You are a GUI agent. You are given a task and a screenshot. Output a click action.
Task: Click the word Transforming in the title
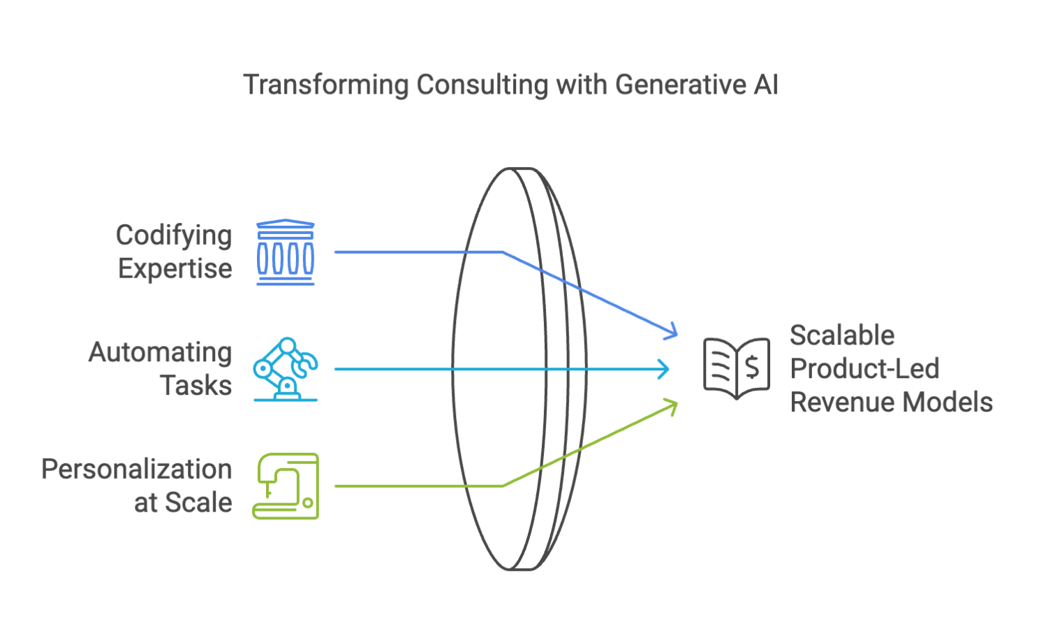click(x=326, y=85)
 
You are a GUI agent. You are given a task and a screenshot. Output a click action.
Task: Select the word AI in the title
click(x=766, y=85)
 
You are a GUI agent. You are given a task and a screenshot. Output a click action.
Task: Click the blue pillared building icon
click(x=286, y=252)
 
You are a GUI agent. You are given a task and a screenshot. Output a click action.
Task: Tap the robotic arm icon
click(x=286, y=369)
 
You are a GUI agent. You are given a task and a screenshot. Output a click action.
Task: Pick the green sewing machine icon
click(x=286, y=486)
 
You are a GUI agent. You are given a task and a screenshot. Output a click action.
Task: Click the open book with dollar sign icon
click(x=737, y=368)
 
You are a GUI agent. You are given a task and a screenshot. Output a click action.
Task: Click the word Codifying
click(x=174, y=235)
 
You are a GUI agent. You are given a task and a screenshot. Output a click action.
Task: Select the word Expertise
click(x=175, y=269)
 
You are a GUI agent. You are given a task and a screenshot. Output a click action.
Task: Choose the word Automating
click(x=161, y=352)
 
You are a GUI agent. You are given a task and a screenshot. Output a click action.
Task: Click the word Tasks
click(x=196, y=386)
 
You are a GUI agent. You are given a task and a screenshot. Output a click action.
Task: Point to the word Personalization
click(x=137, y=470)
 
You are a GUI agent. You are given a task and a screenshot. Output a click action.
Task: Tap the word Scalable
click(x=842, y=335)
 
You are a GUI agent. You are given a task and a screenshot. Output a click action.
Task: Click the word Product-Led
click(x=864, y=369)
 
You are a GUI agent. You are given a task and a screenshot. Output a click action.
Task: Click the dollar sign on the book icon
click(x=752, y=367)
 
